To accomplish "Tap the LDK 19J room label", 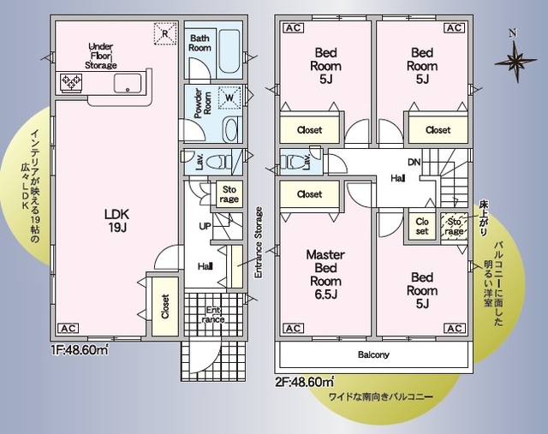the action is pyautogui.click(x=117, y=221).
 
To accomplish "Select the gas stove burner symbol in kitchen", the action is pyautogui.click(x=71, y=83).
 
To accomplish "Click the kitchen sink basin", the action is pyautogui.click(x=128, y=84).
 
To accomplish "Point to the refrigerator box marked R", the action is pyautogui.click(x=165, y=33).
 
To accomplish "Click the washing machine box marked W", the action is pyautogui.click(x=229, y=98).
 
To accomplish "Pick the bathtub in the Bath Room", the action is pyautogui.click(x=229, y=52).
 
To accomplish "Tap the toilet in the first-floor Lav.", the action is pyautogui.click(x=218, y=162).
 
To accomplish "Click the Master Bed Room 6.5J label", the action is pyautogui.click(x=325, y=274).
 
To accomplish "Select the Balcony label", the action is pyautogui.click(x=373, y=355).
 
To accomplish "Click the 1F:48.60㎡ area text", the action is pyautogui.click(x=80, y=350).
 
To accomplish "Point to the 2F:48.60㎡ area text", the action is pyautogui.click(x=304, y=382).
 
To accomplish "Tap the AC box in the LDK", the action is pyautogui.click(x=68, y=329).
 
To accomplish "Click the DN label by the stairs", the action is pyautogui.click(x=414, y=162).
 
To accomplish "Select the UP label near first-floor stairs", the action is pyautogui.click(x=205, y=226).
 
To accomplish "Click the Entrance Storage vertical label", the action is pyautogui.click(x=259, y=242).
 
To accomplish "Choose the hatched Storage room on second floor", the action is pyautogui.click(x=454, y=227).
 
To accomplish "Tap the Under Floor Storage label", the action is pyautogui.click(x=101, y=56).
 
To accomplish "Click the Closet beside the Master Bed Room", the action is pyautogui.click(x=309, y=194).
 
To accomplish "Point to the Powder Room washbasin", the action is pyautogui.click(x=230, y=129).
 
